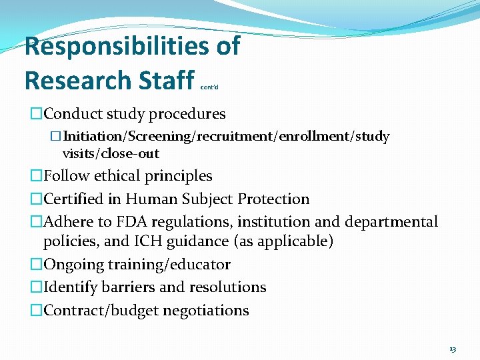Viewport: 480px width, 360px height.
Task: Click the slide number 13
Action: (453, 349)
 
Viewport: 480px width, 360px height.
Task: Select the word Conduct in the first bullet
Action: (71, 114)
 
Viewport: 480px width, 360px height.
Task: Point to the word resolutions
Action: (227, 287)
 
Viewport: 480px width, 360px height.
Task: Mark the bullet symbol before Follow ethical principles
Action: (36, 176)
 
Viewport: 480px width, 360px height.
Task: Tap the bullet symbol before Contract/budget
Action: (36, 310)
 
